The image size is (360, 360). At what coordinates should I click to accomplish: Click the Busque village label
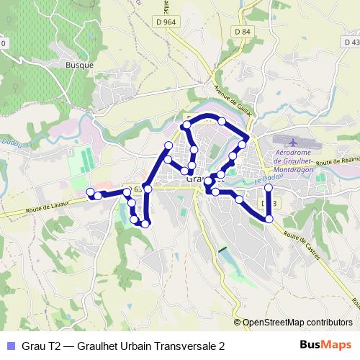pyautogui.click(x=79, y=65)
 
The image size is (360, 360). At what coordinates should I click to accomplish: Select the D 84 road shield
pyautogui.click(x=242, y=32)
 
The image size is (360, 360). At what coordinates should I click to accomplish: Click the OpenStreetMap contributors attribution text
pyautogui.click(x=297, y=322)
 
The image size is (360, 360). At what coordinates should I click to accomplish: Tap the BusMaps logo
pyautogui.click(x=330, y=346)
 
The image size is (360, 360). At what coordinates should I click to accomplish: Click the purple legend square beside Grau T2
pyautogui.click(x=9, y=346)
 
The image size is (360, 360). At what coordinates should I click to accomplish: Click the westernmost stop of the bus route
pyautogui.click(x=91, y=192)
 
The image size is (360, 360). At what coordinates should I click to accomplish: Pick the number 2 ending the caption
pyautogui.click(x=221, y=346)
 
